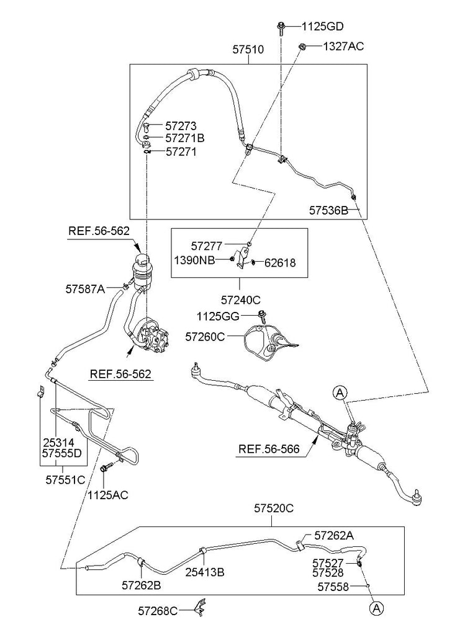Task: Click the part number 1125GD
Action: point(322,26)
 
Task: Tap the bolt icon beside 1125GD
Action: point(281,26)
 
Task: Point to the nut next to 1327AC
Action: point(302,46)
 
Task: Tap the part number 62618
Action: point(281,262)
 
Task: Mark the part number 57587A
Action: point(85,287)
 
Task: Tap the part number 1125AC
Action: point(109,494)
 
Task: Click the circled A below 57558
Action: point(376,608)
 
